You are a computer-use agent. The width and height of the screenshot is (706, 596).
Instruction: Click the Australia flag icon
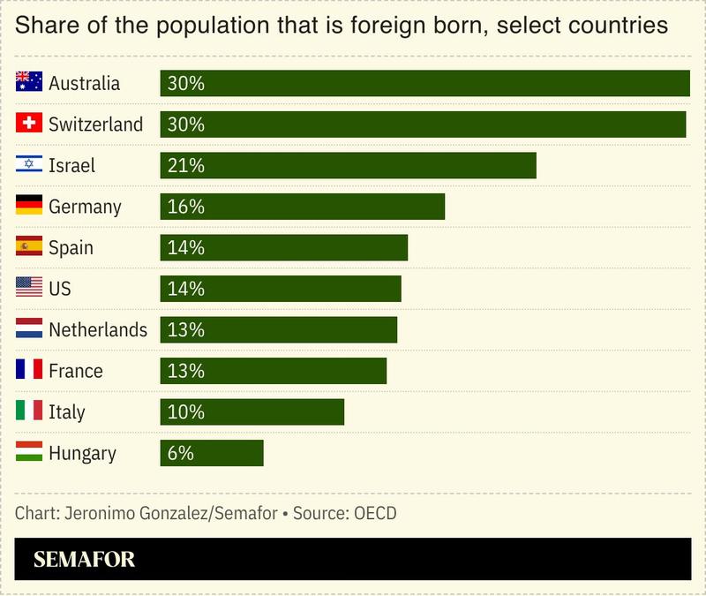(29, 83)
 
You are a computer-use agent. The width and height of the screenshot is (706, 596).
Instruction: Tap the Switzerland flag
(29, 124)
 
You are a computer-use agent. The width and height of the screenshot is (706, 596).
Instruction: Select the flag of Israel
(29, 165)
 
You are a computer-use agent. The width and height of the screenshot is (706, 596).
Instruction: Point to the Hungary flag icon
(29, 453)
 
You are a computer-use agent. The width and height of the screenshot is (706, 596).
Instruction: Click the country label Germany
(85, 207)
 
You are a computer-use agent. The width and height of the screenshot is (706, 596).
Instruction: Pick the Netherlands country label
(98, 330)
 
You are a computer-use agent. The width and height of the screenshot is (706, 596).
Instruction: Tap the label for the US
(60, 289)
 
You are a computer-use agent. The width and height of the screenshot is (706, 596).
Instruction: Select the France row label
(76, 371)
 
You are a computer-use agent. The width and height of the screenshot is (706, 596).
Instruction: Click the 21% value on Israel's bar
(185, 165)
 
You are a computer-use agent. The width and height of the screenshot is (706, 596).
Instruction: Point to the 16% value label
(185, 207)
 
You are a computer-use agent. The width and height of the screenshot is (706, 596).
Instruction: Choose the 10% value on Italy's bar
(185, 412)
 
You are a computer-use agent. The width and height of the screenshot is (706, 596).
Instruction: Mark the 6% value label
(180, 453)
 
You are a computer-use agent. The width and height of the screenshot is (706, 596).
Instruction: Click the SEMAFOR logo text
(85, 560)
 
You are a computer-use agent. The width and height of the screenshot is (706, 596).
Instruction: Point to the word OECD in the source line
(375, 513)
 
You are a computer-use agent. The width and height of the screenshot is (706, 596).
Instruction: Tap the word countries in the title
(616, 25)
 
